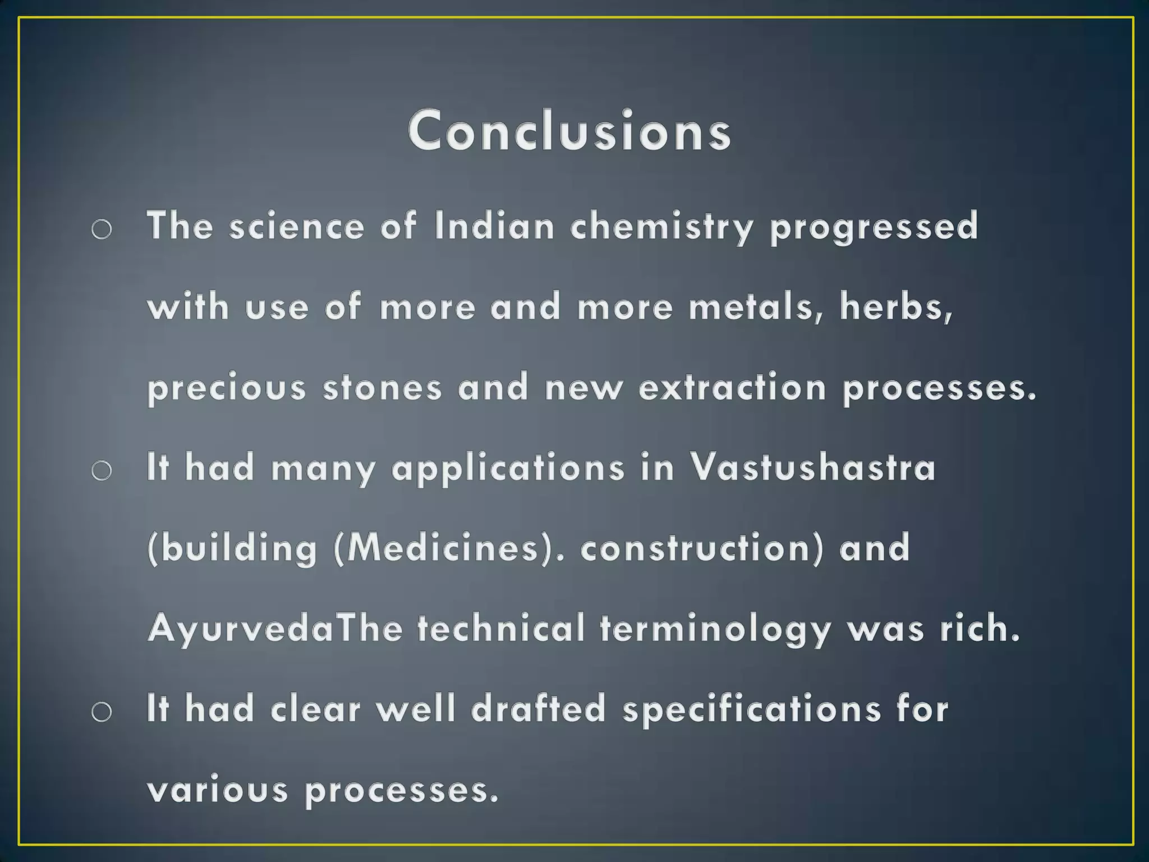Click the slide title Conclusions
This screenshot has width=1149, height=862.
[569, 131]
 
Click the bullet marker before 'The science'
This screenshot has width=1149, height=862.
[102, 229]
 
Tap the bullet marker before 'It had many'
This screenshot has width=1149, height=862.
[102, 470]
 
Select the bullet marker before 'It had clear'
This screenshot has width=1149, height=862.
[102, 712]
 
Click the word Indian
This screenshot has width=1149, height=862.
[494, 226]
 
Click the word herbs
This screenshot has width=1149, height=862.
[895, 307]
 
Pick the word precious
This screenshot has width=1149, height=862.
[227, 388]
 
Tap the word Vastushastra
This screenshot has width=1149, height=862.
[812, 467]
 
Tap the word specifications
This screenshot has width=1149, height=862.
[752, 709]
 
